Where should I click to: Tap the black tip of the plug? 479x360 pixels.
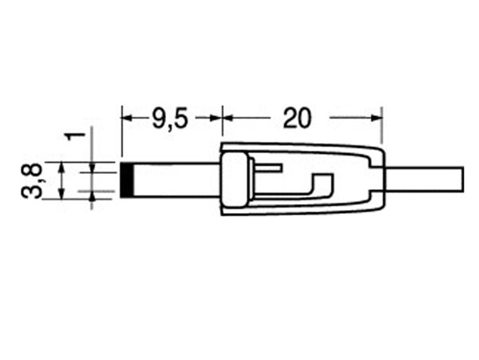(127, 180)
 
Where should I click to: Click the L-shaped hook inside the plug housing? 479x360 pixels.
(319, 188)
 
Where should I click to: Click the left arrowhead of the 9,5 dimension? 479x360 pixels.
(127, 118)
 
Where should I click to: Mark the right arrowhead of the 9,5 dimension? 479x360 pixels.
(216, 118)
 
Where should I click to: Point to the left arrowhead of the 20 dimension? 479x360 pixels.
(227, 118)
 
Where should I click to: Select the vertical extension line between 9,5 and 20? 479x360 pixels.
(222, 128)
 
